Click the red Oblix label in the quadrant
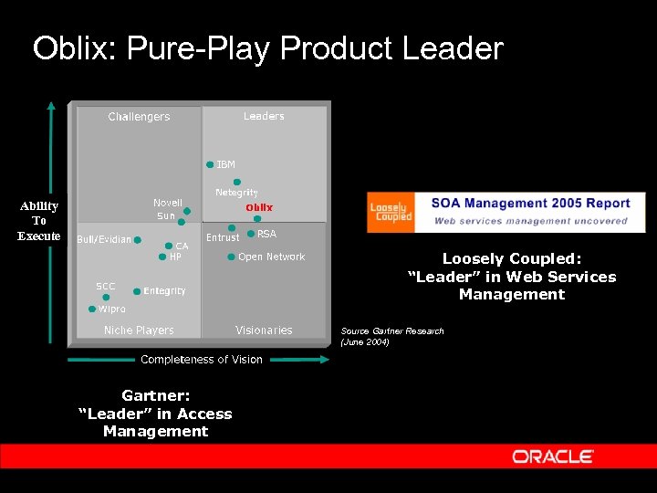[x=259, y=207]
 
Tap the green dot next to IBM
[x=210, y=165]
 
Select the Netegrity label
[x=236, y=193]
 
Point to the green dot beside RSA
[x=251, y=234]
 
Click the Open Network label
[x=271, y=257]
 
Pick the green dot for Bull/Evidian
[x=138, y=240]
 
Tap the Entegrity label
[x=164, y=291]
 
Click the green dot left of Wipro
[x=91, y=309]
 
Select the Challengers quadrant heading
[x=139, y=117]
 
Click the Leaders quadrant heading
[x=264, y=116]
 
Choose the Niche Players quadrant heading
[x=139, y=330]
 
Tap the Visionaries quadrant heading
[x=264, y=330]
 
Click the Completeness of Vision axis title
[x=202, y=360]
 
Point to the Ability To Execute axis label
[x=38, y=221]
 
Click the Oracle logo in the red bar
[x=553, y=456]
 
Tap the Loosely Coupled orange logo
[x=391, y=213]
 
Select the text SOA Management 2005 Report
[x=530, y=204]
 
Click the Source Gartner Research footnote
[x=392, y=336]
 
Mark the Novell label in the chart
[x=167, y=203]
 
